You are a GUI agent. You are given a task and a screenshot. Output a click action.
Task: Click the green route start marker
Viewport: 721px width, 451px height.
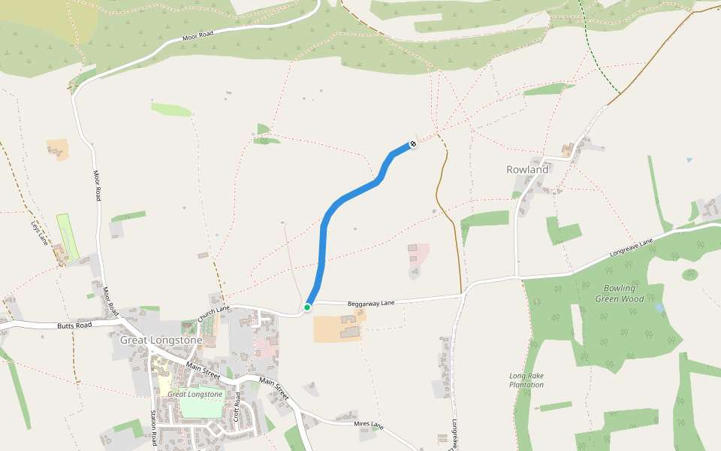pos(307,307)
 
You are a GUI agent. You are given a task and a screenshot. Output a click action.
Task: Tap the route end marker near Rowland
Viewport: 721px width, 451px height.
pos(413,144)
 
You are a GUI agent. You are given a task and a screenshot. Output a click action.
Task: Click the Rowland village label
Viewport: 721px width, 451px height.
pos(527,170)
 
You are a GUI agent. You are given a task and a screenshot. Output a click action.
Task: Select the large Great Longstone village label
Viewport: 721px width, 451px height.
pos(161,341)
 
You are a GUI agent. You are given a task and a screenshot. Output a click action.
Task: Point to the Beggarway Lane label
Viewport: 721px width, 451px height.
pos(371,304)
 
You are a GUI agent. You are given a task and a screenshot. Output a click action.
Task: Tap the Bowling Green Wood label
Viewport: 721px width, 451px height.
pos(620,293)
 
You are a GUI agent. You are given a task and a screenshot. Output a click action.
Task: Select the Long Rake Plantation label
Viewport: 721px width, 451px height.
pos(526,380)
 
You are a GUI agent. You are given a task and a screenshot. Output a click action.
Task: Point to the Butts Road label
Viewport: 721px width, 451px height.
pos(74,326)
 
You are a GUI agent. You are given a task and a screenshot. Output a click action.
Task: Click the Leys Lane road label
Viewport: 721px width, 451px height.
pos(39,232)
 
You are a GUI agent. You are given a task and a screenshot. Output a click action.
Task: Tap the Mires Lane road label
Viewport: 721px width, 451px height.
pos(368,425)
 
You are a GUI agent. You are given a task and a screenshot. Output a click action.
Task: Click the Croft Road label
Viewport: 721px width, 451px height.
pos(237,406)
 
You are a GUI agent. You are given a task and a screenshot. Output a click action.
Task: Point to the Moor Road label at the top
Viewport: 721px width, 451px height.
pos(198,37)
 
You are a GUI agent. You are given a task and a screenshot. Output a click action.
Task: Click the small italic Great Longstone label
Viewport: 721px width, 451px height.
pos(195,394)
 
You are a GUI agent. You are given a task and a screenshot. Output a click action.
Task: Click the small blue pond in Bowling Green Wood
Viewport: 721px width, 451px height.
pos(659,307)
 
